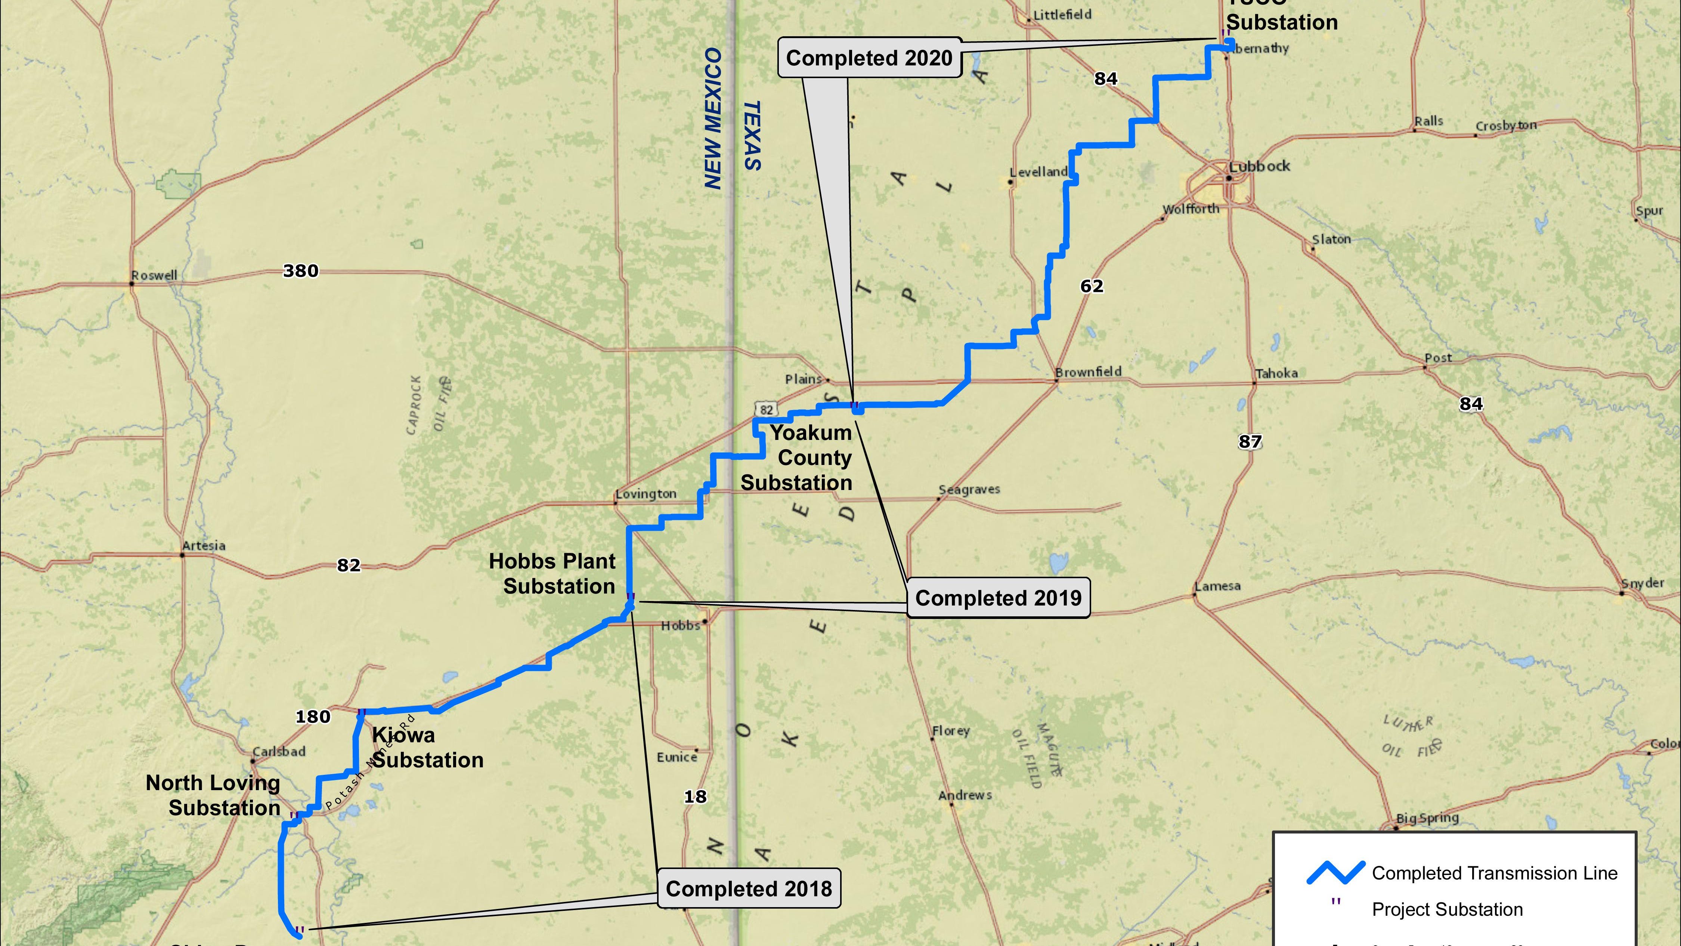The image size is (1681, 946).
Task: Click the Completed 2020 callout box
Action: pos(869,58)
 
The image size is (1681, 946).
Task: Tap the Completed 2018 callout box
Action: pos(749,888)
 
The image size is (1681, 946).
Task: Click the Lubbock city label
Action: pos(1260,166)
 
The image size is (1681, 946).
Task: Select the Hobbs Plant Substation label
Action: pos(553,574)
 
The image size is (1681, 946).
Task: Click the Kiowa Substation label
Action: pos(427,748)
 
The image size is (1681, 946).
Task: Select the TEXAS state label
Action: pos(752,135)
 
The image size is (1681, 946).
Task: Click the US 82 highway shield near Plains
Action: pos(766,409)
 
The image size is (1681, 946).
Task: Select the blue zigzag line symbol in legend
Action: pos(1335,873)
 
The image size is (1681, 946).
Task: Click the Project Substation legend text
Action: pos(1447,909)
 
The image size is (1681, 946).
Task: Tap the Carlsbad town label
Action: pos(279,751)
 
